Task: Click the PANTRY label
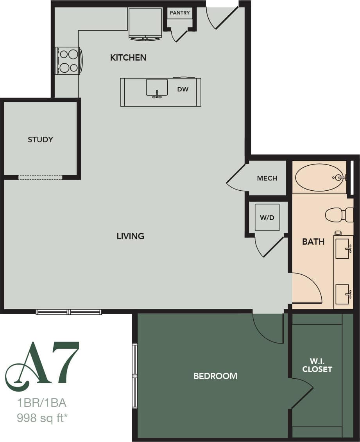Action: click(180, 13)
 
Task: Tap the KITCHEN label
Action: click(128, 58)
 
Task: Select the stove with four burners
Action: click(69, 61)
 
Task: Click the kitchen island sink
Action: click(157, 87)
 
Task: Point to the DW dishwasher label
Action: click(183, 89)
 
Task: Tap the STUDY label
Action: click(40, 140)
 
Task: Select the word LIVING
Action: click(130, 236)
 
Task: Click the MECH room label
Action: click(267, 178)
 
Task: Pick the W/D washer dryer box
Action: click(267, 218)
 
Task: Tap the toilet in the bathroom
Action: click(339, 215)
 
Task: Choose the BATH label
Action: click(313, 242)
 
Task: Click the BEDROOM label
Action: click(215, 376)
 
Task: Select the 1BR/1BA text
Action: click(39, 403)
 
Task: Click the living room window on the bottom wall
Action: click(69, 312)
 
